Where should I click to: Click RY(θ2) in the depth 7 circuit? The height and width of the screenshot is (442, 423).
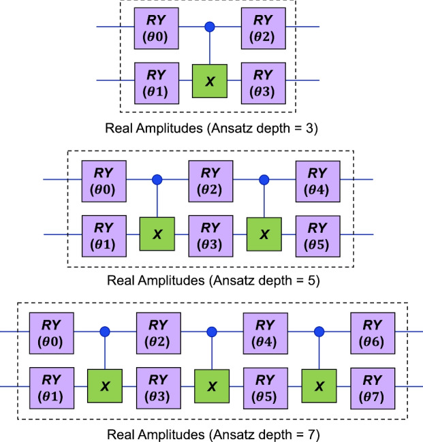(x=158, y=332)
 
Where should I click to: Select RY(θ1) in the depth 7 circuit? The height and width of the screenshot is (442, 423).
(x=50, y=385)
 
